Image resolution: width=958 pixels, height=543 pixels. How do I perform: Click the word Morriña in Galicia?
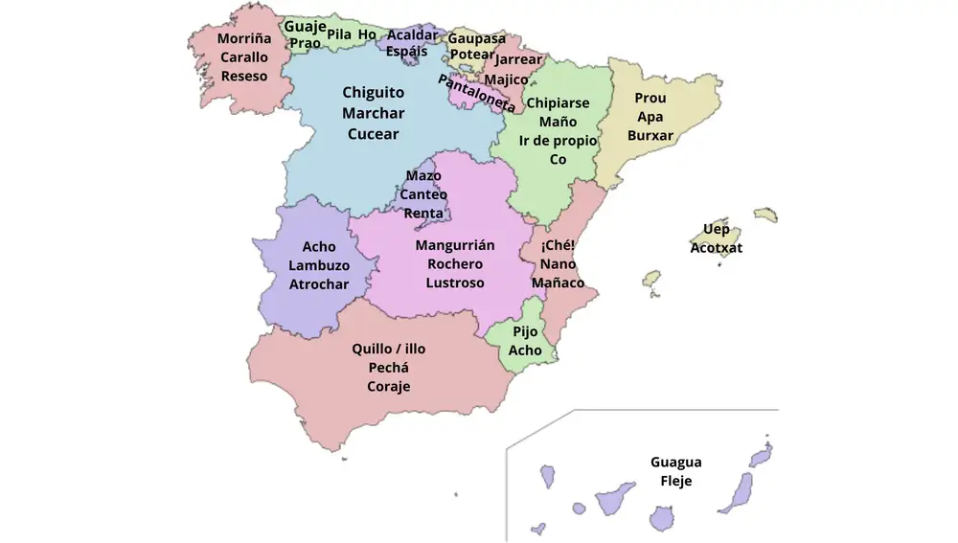[x=244, y=39]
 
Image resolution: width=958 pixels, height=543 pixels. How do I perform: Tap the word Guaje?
[x=305, y=26]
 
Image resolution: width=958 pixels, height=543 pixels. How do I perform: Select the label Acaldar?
[x=412, y=35]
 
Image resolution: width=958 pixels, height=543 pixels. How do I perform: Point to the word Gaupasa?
[x=477, y=38]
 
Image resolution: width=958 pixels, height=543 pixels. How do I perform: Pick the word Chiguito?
[x=374, y=93]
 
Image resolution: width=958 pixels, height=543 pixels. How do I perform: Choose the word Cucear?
[x=374, y=134]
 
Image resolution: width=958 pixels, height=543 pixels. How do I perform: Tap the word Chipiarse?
[x=558, y=102]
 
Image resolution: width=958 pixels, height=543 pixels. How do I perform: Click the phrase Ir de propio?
[x=558, y=141]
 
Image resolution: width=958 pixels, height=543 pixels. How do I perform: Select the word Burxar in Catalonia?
[x=650, y=135]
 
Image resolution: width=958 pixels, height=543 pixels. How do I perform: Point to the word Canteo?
[x=423, y=194]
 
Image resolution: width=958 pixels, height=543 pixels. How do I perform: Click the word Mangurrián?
[x=455, y=245]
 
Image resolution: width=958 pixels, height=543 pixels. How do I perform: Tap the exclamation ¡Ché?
[x=558, y=245]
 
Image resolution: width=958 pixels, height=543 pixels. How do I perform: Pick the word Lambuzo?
[x=319, y=265]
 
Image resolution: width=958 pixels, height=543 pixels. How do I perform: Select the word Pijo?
[x=525, y=331]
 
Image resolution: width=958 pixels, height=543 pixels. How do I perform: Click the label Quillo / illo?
[x=389, y=349]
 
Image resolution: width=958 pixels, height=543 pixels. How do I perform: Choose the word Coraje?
[x=389, y=386]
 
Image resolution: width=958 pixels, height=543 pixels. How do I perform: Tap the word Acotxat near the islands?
[x=717, y=248]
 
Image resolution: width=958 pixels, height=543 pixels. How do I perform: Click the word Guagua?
[x=675, y=463]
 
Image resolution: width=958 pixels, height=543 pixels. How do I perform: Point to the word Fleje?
[x=675, y=482]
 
